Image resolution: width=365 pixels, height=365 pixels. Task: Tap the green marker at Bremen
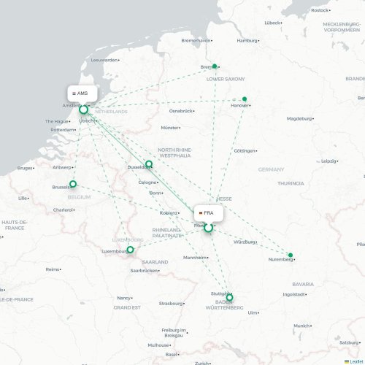coord(214,66)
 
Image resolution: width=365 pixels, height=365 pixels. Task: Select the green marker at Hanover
coord(245,99)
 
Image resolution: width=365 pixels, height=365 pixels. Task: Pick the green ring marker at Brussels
coord(73,184)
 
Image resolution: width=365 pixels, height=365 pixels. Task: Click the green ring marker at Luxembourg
coord(131,250)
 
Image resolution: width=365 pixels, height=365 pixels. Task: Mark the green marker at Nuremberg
coord(291,255)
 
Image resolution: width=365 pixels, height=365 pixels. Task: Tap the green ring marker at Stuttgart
coord(229,297)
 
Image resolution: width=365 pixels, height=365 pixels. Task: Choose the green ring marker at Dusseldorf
coord(149,164)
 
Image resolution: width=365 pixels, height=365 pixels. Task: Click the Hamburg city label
coord(247,41)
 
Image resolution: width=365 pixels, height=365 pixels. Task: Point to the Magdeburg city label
coord(299,118)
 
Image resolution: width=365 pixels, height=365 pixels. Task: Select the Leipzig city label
coord(329,161)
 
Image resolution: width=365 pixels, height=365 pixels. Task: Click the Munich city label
coord(301,326)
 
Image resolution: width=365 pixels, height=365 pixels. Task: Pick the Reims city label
coord(52,269)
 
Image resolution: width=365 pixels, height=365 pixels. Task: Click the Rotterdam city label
coord(62,130)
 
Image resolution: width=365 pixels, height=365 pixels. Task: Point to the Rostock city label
coord(319,10)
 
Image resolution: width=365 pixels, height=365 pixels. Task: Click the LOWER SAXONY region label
coord(226,79)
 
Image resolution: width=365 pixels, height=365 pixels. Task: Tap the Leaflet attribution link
coord(353,361)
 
